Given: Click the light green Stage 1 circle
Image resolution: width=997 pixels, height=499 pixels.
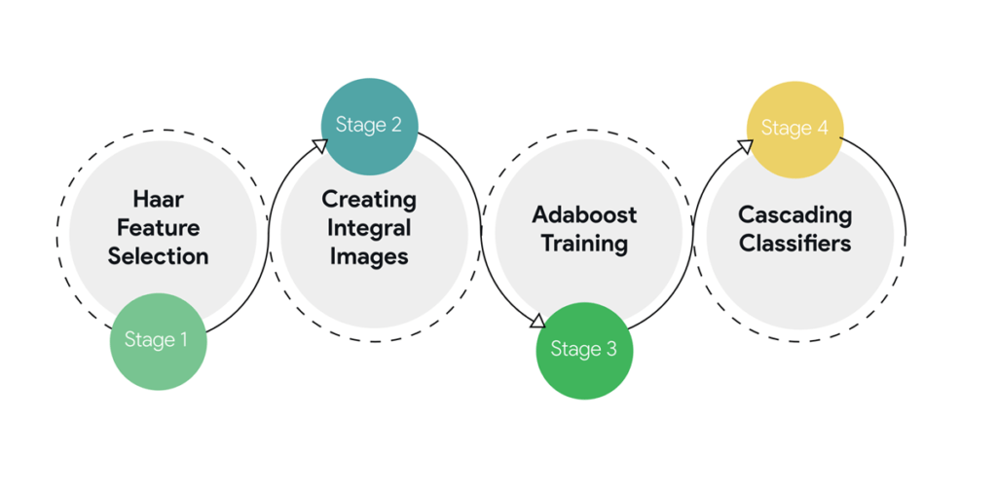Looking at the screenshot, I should point(158,341).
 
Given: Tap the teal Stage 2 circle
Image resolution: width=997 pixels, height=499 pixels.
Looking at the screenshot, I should point(369,126).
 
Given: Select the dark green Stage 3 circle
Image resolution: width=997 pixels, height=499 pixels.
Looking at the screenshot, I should point(584,350).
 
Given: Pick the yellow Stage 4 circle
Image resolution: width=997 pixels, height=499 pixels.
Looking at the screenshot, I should point(794,129).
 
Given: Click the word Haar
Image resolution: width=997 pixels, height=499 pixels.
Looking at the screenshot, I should point(158,200).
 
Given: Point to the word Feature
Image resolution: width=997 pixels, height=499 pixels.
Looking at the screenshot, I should point(158,228).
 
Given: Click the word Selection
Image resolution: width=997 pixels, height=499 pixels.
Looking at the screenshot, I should point(158,256).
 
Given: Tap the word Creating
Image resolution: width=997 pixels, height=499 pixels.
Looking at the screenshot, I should point(369,200).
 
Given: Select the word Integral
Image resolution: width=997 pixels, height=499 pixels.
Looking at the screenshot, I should point(369,228).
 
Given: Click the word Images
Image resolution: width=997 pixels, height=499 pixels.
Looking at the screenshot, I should point(369,256).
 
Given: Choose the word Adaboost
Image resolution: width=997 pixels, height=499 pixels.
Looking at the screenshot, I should point(583,214).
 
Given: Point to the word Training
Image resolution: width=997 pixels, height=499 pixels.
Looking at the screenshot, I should point(583,243).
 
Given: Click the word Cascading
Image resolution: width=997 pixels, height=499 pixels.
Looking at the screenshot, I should point(794,214).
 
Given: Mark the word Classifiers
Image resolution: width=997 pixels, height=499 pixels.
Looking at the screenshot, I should point(794,243).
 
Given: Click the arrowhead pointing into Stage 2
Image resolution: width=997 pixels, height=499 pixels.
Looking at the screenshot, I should point(320,144).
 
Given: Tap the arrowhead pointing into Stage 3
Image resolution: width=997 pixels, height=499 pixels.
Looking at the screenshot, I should point(537,322).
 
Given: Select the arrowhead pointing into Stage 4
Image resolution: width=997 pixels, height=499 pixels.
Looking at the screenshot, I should point(745,146).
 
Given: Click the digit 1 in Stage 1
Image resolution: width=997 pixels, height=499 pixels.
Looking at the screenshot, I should point(183,340).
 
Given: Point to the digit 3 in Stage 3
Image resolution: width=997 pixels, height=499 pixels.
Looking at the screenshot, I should point(610,349).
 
